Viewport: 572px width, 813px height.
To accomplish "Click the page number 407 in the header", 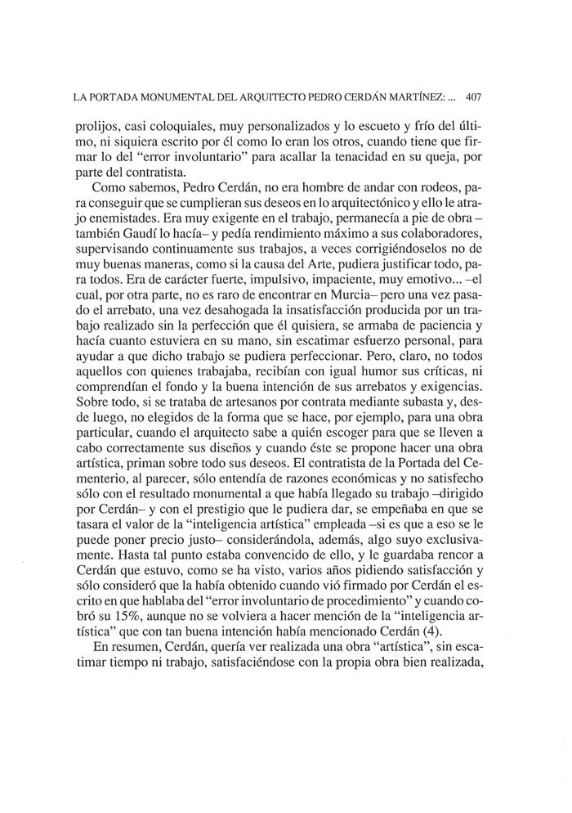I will pos(475,97).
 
